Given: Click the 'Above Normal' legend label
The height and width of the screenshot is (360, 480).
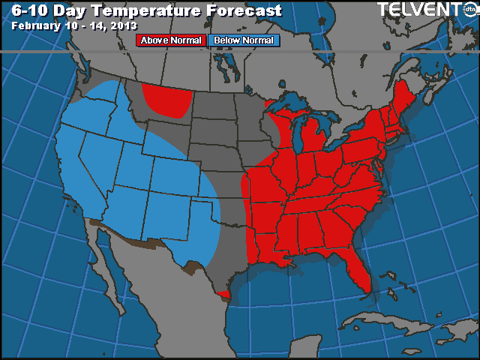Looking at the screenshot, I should (170, 40).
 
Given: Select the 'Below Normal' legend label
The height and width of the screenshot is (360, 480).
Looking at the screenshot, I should (244, 40).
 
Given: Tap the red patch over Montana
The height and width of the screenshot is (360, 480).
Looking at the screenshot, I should (165, 101).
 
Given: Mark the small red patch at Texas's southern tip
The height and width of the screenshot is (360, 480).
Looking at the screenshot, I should (222, 293).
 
